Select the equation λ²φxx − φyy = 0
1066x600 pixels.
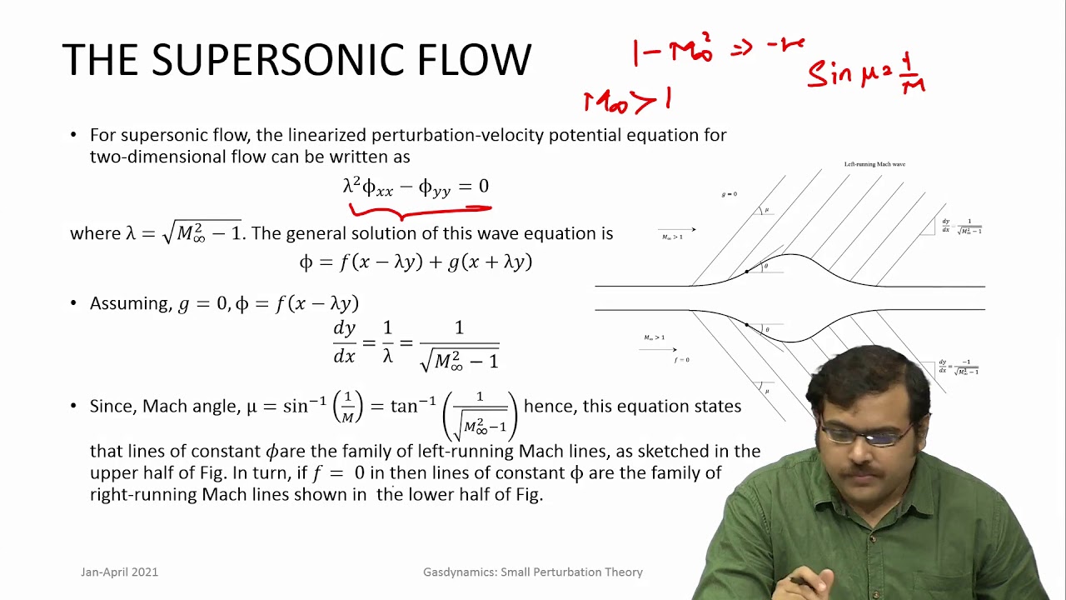416,187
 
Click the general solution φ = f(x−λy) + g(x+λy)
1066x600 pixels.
416,262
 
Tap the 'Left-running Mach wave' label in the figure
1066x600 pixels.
874,164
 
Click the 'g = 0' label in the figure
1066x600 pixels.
729,194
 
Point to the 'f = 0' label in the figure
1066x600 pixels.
682,360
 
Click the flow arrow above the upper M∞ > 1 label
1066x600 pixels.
676,229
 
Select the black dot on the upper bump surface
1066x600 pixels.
746,271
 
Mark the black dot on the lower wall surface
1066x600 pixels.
746,325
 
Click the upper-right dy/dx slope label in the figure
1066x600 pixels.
961,226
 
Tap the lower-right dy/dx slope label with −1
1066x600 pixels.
959,367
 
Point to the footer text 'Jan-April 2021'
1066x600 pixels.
119,572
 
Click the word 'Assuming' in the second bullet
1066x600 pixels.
130,304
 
